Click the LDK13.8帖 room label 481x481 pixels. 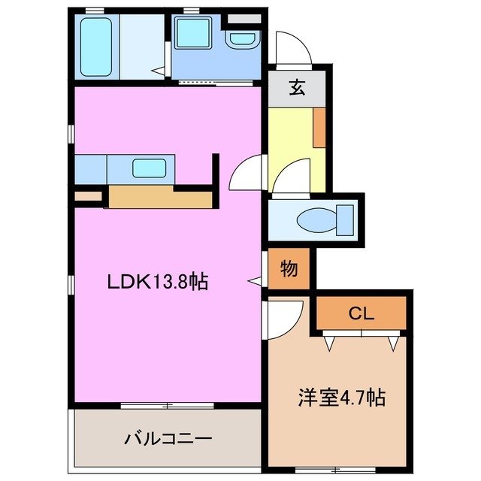pos(157,283)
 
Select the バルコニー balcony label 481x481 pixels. pos(168,437)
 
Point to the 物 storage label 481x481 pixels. pos(289,268)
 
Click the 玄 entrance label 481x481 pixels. pos(298,88)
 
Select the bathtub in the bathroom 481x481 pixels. pos(96,47)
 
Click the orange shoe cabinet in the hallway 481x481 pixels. pos(319,127)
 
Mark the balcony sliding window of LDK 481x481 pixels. pos(167,406)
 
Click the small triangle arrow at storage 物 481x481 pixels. pos(256,280)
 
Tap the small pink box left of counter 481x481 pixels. pos(89,198)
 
